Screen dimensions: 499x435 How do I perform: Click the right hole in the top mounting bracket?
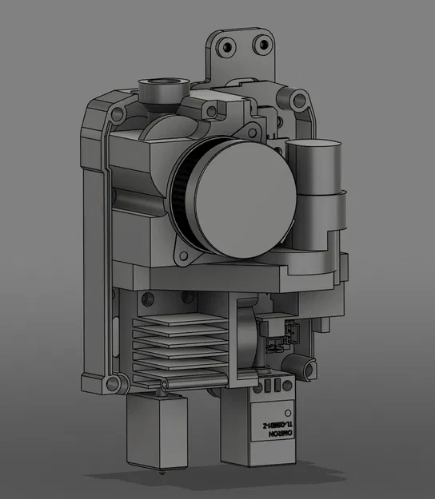coord(260,46)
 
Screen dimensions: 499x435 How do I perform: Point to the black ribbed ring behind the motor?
coord(180,200)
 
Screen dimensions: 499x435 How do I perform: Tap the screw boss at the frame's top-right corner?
coord(301,101)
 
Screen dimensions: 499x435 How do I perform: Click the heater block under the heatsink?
coord(150,426)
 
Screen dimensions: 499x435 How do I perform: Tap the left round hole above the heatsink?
coord(145,299)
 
